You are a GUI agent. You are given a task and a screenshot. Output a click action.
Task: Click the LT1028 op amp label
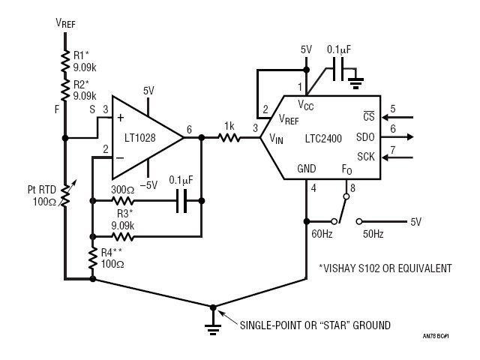[140, 138]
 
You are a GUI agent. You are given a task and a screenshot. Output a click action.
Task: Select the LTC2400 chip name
[323, 139]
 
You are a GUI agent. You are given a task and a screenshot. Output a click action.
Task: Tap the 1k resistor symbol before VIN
[229, 138]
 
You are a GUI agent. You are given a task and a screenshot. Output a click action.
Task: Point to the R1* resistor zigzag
[65, 61]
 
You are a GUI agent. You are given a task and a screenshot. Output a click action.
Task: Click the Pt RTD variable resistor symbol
[66, 193]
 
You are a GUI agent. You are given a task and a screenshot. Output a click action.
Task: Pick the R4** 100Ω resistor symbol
[93, 258]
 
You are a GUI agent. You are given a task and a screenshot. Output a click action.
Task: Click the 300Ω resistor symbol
[122, 201]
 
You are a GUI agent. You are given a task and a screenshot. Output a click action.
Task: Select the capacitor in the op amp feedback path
[181, 201]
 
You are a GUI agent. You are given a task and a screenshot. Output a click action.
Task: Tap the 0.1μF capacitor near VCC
[338, 70]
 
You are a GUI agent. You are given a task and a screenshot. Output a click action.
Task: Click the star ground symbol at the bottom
[213, 325]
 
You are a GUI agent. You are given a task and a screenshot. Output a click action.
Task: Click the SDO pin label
[365, 137]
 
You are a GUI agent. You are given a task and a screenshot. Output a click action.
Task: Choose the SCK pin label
[366, 157]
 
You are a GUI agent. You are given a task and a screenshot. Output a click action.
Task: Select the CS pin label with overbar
[368, 116]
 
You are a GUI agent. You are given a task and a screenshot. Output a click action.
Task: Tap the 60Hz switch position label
[322, 234]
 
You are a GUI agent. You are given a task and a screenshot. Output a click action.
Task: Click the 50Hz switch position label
[373, 234]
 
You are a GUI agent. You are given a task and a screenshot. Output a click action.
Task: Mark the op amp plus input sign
[121, 118]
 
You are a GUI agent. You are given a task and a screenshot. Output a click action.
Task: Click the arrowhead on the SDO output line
[409, 136]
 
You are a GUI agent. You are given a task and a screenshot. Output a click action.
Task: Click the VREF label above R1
[65, 23]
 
